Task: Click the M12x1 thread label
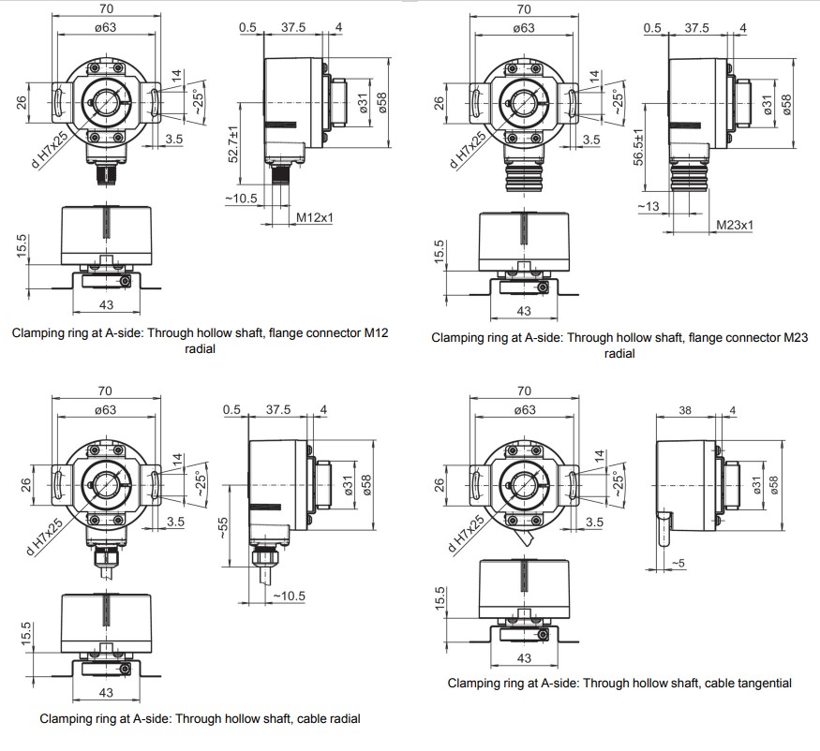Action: point(315,217)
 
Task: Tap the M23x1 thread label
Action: point(735,225)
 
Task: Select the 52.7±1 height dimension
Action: point(233,143)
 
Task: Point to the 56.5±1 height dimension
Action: point(638,147)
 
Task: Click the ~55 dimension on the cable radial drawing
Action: point(223,528)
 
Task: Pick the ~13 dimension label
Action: point(649,206)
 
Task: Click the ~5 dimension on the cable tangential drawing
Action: point(678,563)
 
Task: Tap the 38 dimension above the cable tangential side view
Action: point(685,410)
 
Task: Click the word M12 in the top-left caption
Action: point(376,333)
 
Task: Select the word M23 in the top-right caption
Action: point(796,338)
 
